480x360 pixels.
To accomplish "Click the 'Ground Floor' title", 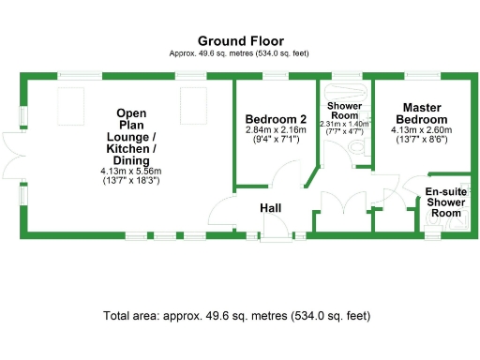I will (240, 41).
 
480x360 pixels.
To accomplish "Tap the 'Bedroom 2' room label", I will (276, 119).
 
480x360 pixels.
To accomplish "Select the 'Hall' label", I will (272, 208).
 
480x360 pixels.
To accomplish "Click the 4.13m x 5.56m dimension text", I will (131, 171).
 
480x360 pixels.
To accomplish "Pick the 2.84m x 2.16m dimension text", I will (276, 130).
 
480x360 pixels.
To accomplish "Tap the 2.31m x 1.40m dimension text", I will (344, 123).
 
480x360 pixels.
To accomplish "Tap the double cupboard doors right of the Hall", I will (343, 203).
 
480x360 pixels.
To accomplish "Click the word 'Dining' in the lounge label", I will (131, 160).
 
